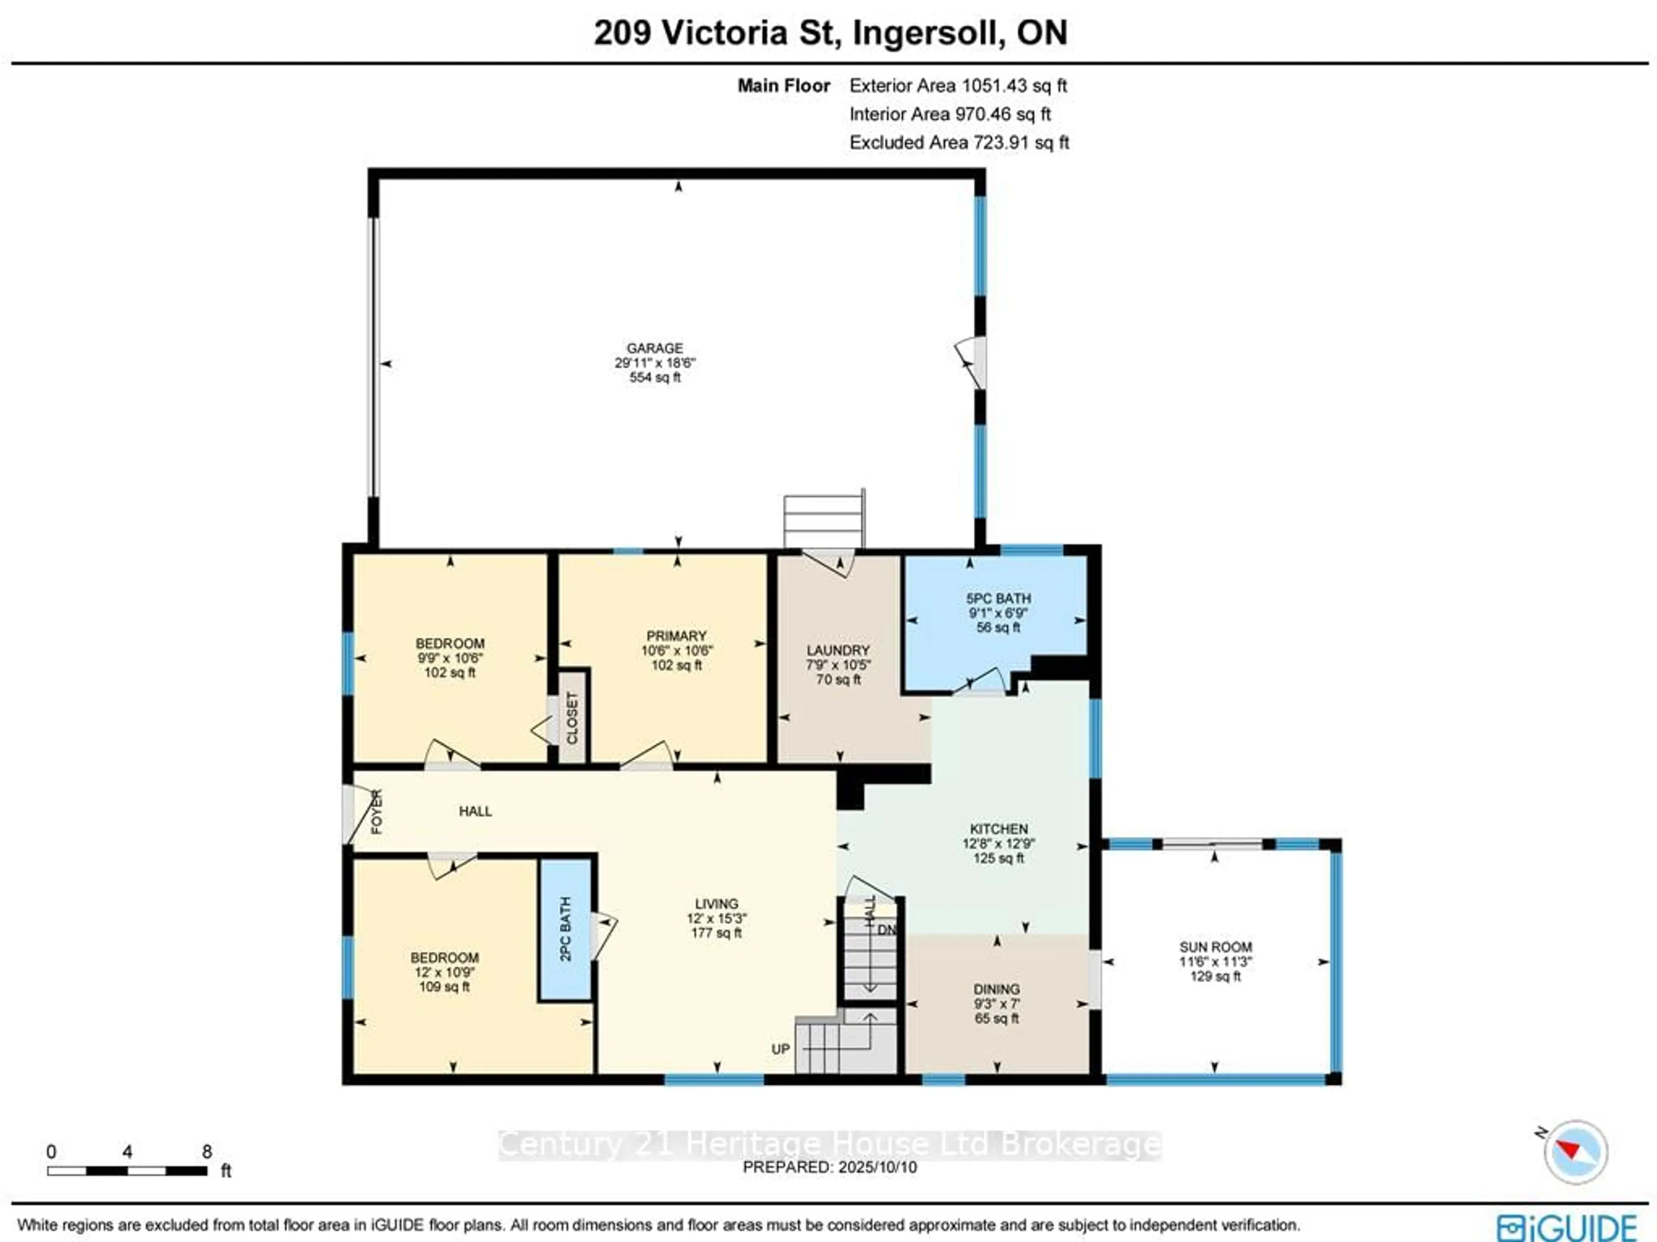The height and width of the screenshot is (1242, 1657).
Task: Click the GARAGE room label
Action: pos(655,348)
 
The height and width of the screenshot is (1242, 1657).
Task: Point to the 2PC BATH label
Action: pos(566,928)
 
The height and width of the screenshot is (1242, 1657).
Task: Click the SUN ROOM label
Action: pos(1215,947)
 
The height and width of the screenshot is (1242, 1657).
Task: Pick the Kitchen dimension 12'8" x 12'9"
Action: pos(999,843)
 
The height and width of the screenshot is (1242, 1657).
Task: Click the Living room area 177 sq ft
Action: pos(716,932)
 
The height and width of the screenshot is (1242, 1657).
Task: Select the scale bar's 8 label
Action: pos(207,1150)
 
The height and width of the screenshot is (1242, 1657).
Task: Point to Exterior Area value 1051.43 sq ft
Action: pos(1014,86)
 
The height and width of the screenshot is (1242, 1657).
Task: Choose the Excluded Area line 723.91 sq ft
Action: pos(959,143)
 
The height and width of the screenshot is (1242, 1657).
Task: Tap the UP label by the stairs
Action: pos(781,1049)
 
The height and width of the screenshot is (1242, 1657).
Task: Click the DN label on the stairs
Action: pos(886,929)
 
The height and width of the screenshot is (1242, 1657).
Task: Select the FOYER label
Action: pos(377,811)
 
